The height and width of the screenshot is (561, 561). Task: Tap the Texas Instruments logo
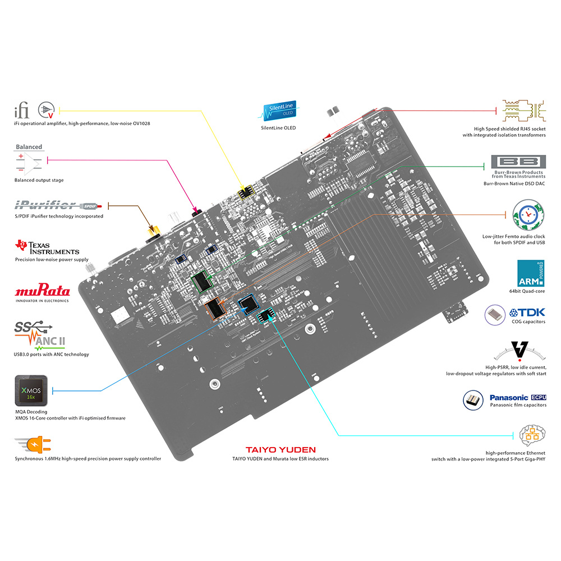(47, 247)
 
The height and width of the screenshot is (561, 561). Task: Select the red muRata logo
(43, 291)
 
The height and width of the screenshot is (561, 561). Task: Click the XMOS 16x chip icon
(29, 392)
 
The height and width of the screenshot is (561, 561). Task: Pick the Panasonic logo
(514, 397)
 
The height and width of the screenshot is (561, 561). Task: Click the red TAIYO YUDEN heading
(280, 450)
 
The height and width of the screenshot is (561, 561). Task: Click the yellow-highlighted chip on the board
(246, 194)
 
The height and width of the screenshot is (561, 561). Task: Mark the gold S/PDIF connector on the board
(151, 231)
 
